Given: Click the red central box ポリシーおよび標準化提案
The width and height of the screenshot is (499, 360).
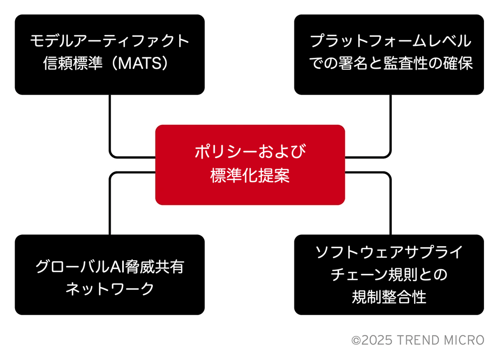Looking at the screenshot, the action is point(250,165).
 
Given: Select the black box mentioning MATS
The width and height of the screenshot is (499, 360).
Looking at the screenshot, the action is point(110,54).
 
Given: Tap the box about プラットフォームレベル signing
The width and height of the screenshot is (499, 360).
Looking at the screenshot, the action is point(389,54).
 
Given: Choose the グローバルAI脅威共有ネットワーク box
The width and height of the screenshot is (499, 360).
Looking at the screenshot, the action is point(110,275).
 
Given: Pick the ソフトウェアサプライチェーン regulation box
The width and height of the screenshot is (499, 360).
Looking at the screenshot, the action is point(389,275).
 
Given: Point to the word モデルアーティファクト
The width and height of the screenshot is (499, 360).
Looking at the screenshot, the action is point(110,41).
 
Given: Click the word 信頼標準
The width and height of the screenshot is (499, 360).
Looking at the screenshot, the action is point(73,63).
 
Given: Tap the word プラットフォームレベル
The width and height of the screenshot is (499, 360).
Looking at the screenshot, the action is point(391,41).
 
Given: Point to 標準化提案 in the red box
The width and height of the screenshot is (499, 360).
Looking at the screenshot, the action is point(250,176).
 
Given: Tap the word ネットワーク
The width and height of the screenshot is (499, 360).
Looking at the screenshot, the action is point(110,289).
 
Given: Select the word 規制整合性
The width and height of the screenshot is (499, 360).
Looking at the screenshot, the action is point(389,297).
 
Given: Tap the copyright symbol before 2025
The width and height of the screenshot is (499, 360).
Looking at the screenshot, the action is point(356,341).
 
